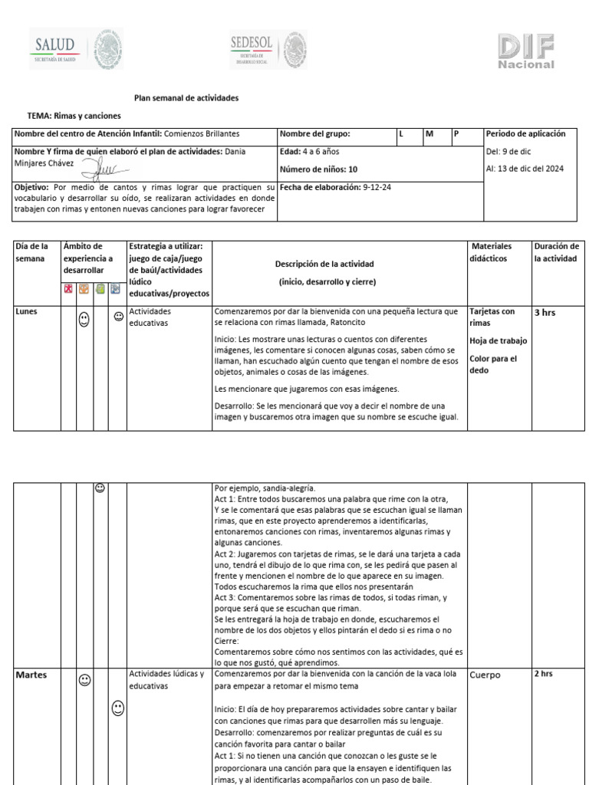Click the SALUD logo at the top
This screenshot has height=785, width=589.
point(76,50)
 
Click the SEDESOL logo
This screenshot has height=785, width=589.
point(268,50)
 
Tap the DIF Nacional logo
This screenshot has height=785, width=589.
point(525,51)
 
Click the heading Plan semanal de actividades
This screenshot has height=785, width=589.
point(186,98)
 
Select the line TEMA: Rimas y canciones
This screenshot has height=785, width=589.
point(74,116)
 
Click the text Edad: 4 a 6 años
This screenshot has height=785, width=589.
point(310,152)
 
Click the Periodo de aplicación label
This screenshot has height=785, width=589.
point(525,133)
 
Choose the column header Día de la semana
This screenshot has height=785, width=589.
point(32,252)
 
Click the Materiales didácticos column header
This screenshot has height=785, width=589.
point(492,252)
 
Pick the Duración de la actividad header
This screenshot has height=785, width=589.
point(556,252)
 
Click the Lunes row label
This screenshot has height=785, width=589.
point(28,312)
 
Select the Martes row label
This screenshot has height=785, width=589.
point(31,675)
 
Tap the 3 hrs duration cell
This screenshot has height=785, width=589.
point(545,313)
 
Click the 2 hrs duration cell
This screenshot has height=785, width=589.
point(543,675)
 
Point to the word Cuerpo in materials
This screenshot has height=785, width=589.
point(485,675)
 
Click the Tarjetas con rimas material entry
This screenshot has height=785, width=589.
point(492,317)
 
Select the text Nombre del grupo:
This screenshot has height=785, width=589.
point(314,134)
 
